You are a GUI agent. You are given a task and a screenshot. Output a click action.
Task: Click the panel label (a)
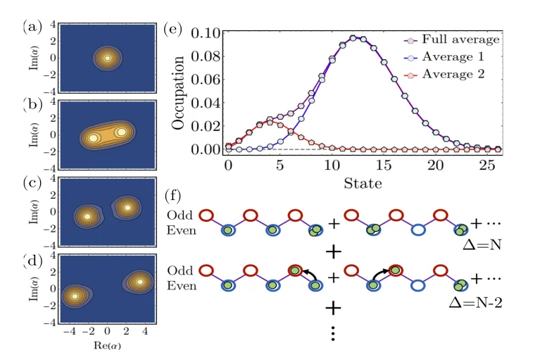pyautogui.click(x=32, y=28)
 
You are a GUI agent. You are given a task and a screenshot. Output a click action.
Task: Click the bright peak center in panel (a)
pyautogui.click(x=107, y=58)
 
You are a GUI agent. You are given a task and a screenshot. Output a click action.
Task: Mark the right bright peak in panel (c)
pyautogui.click(x=127, y=207)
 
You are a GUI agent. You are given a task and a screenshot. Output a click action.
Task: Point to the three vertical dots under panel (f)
pyautogui.click(x=332, y=333)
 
